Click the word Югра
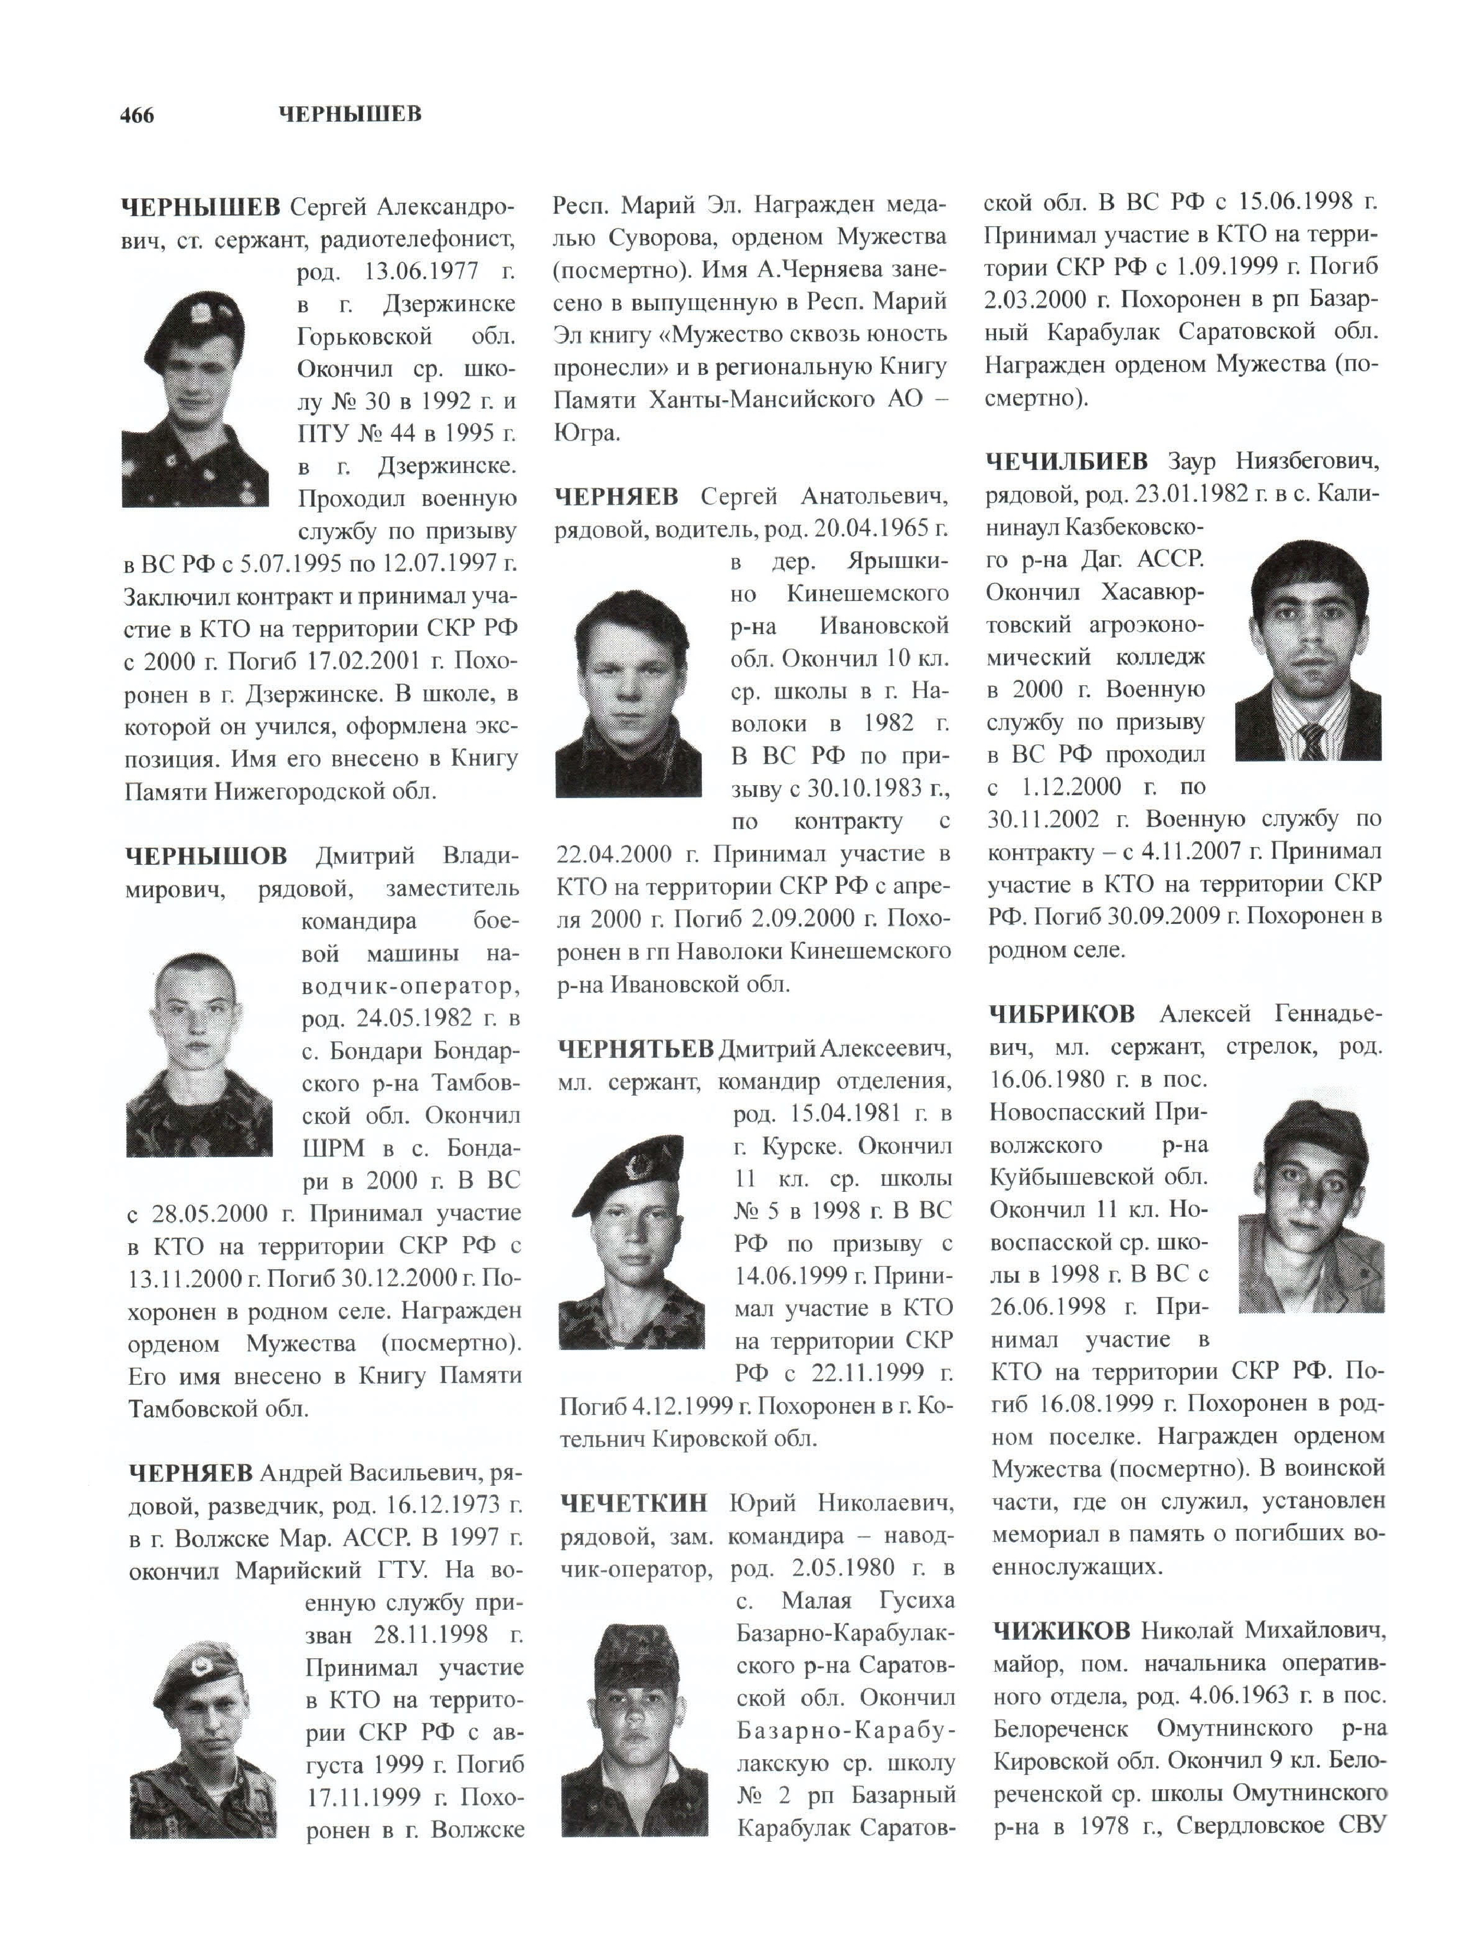click(586, 433)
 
